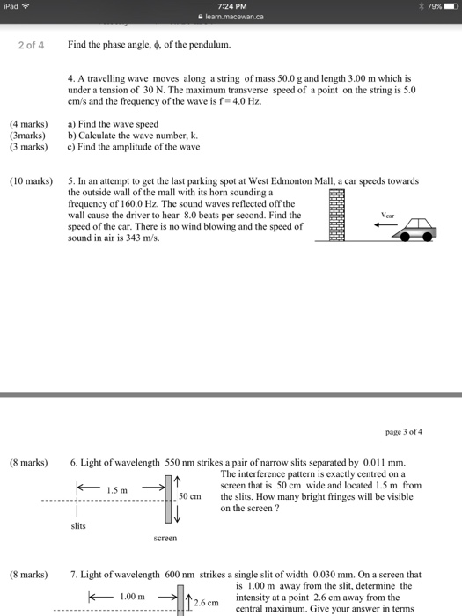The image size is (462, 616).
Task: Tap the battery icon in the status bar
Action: tap(449, 8)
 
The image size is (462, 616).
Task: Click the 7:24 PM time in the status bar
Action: tap(231, 7)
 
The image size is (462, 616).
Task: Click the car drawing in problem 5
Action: tap(414, 231)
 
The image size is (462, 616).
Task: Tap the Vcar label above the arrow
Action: tap(389, 213)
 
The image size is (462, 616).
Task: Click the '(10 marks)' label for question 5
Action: tap(33, 181)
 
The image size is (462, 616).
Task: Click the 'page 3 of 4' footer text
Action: tap(404, 431)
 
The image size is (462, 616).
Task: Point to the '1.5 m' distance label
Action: tap(118, 489)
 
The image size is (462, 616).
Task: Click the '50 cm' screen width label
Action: tap(190, 496)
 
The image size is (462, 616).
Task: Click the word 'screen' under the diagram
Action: tap(165, 537)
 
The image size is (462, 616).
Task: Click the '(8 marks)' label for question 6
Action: tap(30, 462)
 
